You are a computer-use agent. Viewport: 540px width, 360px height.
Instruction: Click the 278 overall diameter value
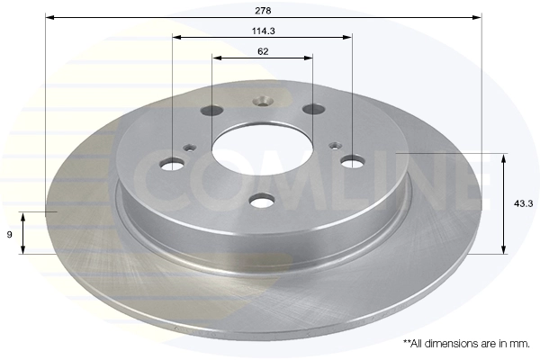263,11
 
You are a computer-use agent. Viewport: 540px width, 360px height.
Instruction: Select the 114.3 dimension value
264,31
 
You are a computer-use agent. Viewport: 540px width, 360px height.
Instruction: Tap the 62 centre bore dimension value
263,51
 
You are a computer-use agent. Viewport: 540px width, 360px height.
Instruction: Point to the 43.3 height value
523,204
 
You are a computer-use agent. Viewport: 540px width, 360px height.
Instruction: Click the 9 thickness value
9,235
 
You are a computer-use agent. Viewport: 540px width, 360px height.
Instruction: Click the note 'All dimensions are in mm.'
466,344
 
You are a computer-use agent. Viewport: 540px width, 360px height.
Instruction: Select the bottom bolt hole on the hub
262,200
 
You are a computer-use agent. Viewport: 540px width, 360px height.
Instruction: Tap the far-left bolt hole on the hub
173,164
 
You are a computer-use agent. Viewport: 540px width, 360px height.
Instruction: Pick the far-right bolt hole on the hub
353,161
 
